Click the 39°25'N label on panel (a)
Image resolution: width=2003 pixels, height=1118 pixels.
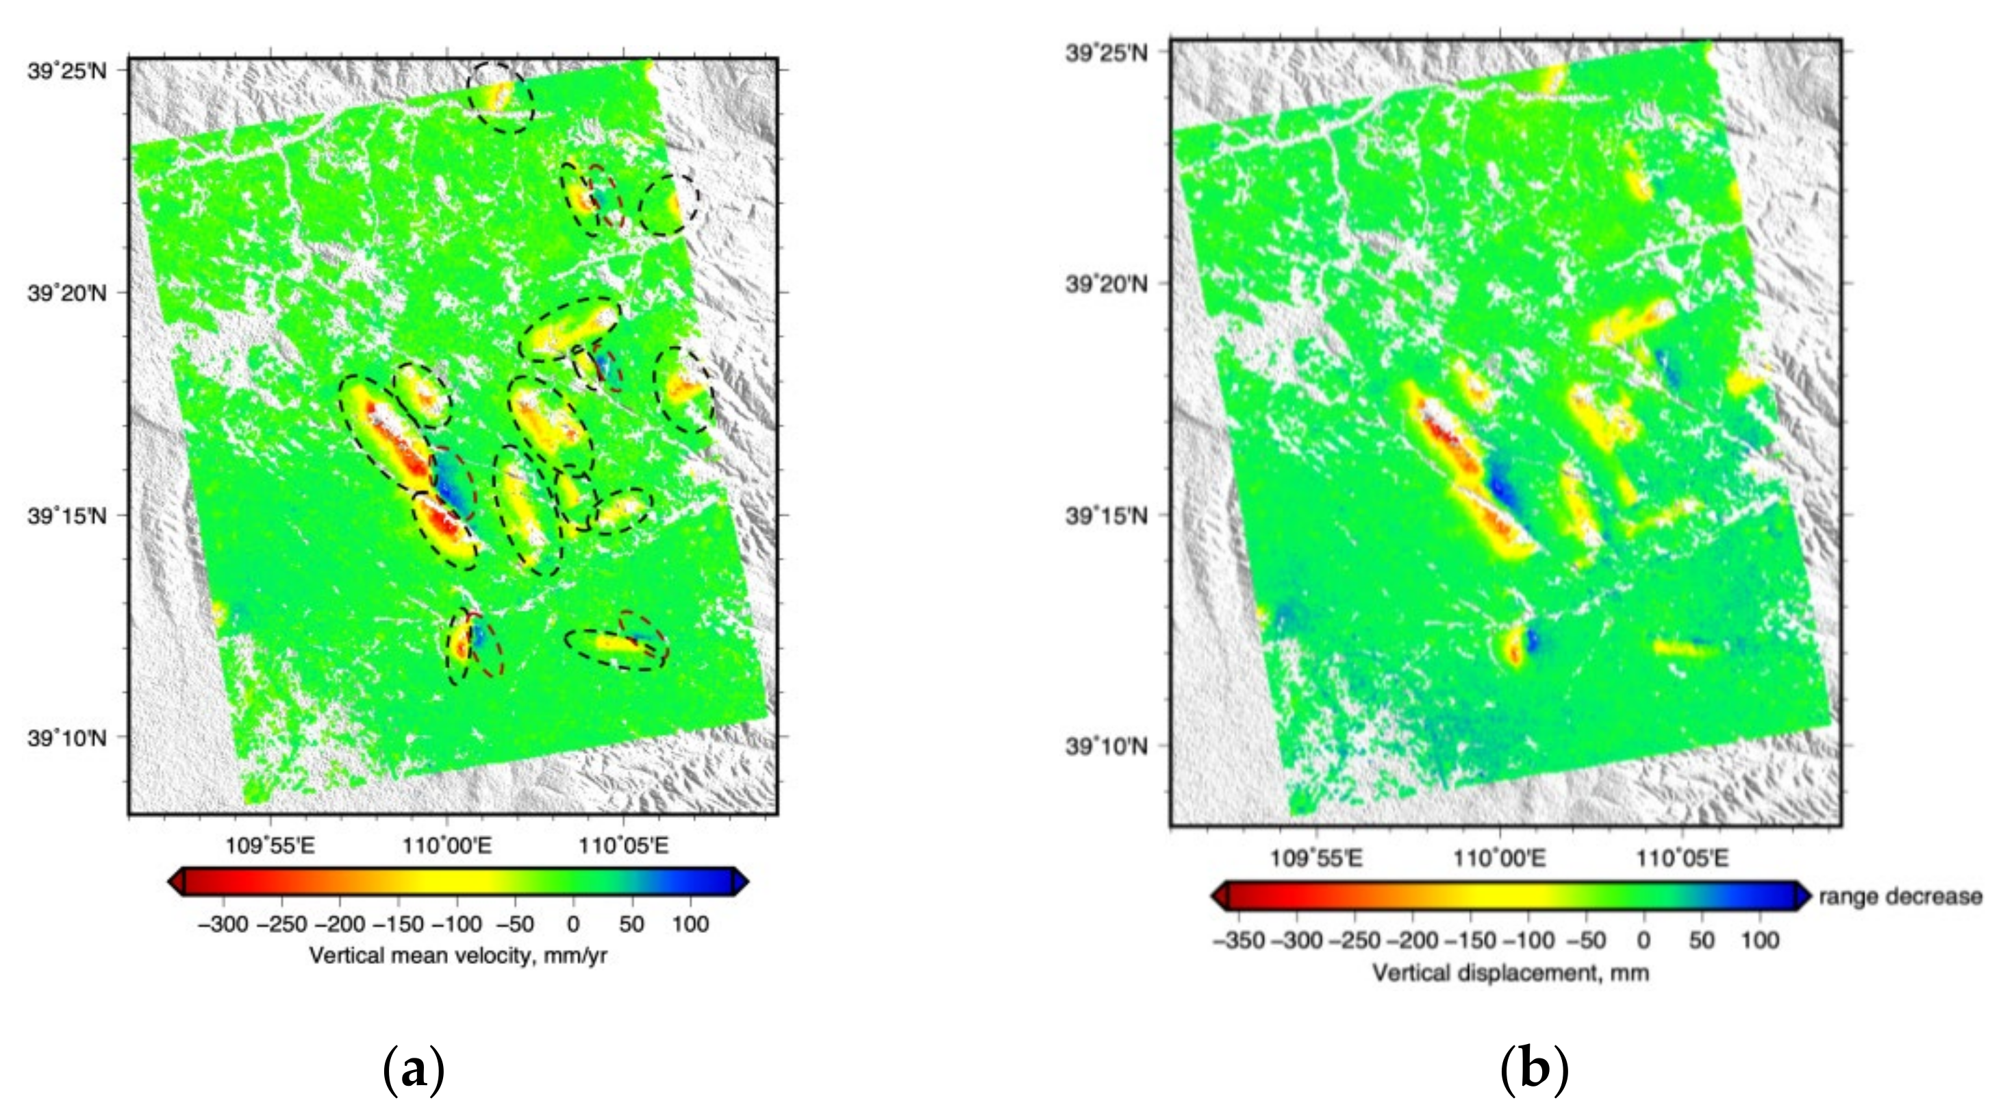pyautogui.click(x=67, y=71)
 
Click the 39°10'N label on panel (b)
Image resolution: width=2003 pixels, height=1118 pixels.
pyautogui.click(x=1106, y=747)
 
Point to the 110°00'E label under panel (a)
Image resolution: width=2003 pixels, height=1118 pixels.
pyautogui.click(x=446, y=846)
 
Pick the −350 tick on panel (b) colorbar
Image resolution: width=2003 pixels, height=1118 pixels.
pyautogui.click(x=1239, y=941)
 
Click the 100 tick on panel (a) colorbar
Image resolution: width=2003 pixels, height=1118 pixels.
pyautogui.click(x=690, y=924)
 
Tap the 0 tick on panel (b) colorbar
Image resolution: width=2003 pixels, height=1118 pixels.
pyautogui.click(x=1643, y=941)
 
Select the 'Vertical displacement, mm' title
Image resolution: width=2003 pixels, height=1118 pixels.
pyautogui.click(x=1510, y=973)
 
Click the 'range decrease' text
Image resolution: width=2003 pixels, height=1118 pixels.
pyautogui.click(x=1900, y=897)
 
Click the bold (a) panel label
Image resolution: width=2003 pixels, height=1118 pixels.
pyautogui.click(x=414, y=1071)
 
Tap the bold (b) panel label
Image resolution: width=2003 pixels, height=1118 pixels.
pyautogui.click(x=1533, y=1071)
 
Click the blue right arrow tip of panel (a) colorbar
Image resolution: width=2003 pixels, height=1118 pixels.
pyautogui.click(x=742, y=882)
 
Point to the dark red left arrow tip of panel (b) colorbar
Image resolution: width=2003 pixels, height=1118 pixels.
pyautogui.click(x=1218, y=897)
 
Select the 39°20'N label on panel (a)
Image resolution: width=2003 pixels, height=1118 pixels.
pyautogui.click(x=67, y=293)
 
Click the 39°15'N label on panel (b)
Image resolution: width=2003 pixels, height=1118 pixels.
pyautogui.click(x=1106, y=515)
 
